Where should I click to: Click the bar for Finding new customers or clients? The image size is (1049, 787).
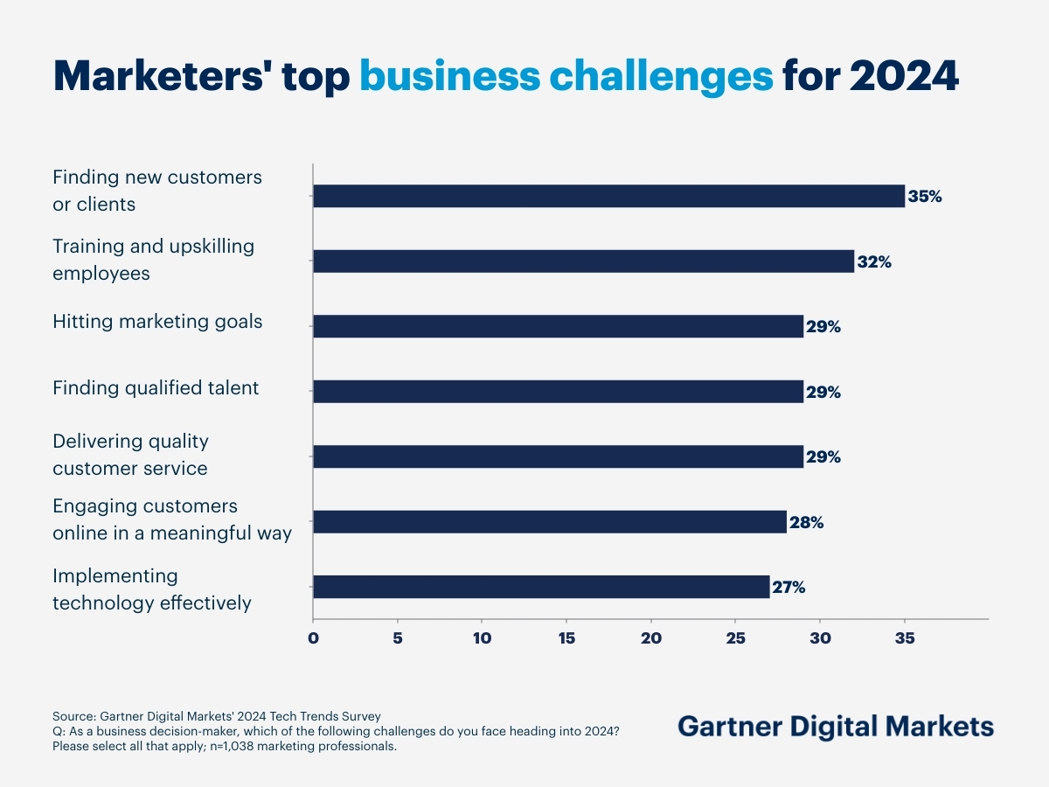click(x=608, y=196)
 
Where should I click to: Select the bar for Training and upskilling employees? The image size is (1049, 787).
click(x=583, y=261)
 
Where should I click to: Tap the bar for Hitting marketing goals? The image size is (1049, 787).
click(x=558, y=326)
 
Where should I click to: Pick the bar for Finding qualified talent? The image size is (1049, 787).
click(x=558, y=392)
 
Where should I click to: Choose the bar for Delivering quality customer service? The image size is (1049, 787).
click(x=558, y=456)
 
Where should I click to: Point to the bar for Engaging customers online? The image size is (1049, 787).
click(x=549, y=522)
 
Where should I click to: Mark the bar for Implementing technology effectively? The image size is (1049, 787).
click(x=541, y=587)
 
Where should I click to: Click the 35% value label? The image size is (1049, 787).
click(x=925, y=197)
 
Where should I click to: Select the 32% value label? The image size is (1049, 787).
click(x=874, y=261)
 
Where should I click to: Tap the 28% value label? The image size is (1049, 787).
click(x=806, y=523)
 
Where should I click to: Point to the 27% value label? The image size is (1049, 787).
click(x=788, y=588)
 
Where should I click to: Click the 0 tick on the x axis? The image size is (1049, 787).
click(x=313, y=638)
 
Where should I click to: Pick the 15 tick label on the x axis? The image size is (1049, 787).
click(x=566, y=638)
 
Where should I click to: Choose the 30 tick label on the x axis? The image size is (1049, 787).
click(x=820, y=638)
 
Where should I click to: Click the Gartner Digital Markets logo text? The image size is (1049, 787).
click(x=836, y=727)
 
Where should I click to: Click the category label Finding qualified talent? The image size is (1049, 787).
click(x=156, y=387)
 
